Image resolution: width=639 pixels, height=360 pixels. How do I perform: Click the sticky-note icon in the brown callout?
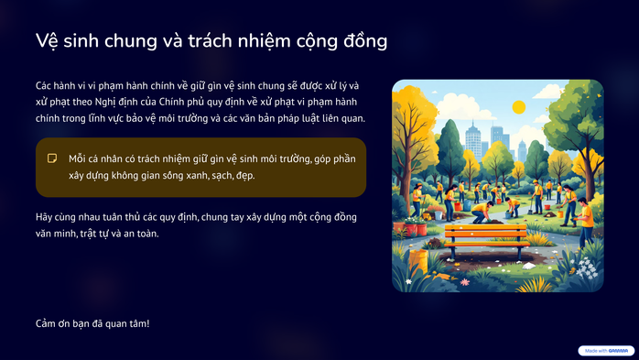[x=53, y=158]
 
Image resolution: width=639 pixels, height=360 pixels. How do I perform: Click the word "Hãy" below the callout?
[x=46, y=217]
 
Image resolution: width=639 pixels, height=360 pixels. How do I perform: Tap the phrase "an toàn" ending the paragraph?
[x=140, y=234]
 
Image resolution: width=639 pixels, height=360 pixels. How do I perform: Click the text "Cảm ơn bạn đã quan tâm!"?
[x=92, y=323]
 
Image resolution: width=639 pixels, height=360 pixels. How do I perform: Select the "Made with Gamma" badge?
[x=606, y=350]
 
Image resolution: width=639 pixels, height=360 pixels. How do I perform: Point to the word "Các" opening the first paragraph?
[x=46, y=85]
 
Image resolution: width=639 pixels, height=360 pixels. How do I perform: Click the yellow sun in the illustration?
[x=519, y=107]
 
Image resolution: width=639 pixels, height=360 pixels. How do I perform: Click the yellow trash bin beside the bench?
[x=419, y=259]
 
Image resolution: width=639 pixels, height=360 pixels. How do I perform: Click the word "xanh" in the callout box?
[x=190, y=175]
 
